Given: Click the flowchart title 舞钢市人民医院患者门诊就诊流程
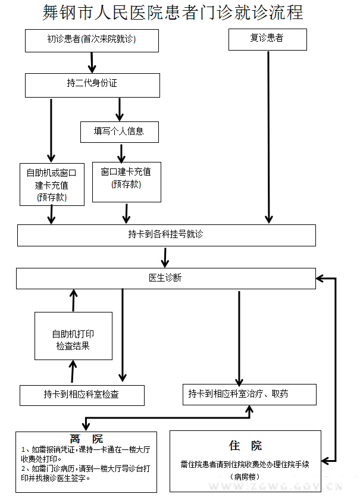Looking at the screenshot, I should point(173,12).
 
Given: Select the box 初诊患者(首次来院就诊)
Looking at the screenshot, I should point(92,40).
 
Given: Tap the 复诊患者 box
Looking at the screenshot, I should point(267,39).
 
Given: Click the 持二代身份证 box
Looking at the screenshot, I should point(92,85).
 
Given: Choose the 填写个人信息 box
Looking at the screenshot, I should point(119,132).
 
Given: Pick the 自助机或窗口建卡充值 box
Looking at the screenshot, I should point(52,184).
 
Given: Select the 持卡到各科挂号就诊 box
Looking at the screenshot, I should point(166,235).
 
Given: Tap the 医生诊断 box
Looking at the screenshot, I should point(165,278).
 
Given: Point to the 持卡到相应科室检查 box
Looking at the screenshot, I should point(82,395).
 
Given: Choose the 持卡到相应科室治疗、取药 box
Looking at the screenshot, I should point(249,394).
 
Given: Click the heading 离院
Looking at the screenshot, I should point(86,439).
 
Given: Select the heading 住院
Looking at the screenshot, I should point(245,446).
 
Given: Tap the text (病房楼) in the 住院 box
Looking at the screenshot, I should point(245,477).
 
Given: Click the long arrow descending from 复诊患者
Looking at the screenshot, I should point(269,137).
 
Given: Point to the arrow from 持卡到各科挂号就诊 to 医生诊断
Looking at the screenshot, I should point(166,257).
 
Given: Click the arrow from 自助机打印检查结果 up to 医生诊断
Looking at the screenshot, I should point(73,301).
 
